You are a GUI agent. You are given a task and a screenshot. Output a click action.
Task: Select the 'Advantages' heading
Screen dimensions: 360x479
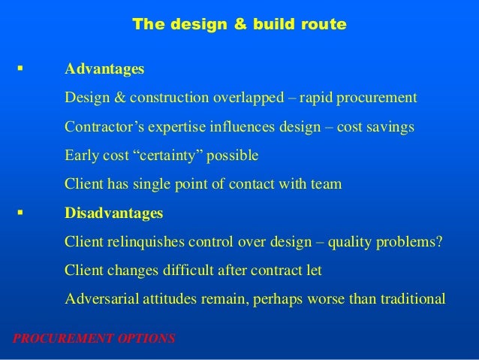(104, 69)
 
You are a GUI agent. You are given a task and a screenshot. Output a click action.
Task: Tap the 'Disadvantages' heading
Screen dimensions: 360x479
(113, 213)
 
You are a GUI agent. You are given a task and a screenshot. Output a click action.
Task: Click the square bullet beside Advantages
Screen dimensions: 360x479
(17, 69)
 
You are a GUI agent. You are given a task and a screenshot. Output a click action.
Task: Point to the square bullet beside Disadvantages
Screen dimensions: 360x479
(17, 213)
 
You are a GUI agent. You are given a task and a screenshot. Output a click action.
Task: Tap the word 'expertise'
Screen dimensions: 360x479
(170, 128)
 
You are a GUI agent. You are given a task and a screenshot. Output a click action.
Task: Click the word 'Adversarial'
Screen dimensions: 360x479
(101, 299)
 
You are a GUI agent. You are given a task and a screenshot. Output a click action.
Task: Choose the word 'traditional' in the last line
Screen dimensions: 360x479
(409, 299)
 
